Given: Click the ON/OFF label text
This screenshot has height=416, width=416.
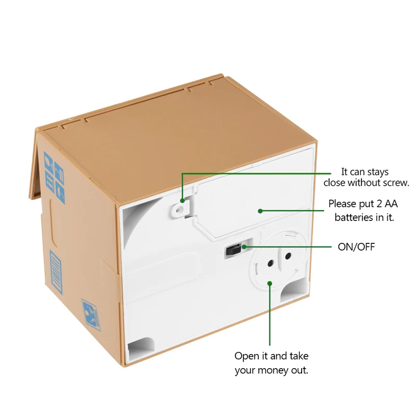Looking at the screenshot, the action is pyautogui.click(x=356, y=246).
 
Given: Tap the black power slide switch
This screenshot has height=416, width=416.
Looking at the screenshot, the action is pyautogui.click(x=232, y=251).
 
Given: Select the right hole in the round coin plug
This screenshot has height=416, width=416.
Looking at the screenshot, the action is pyautogui.click(x=287, y=256).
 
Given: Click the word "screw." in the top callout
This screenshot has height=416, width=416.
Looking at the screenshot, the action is pyautogui.click(x=396, y=183).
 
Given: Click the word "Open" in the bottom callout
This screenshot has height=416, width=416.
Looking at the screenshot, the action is pyautogui.click(x=246, y=356).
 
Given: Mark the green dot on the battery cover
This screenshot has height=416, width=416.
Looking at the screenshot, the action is pyautogui.click(x=260, y=211).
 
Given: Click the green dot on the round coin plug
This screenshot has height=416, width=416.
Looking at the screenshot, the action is pyautogui.click(x=270, y=283).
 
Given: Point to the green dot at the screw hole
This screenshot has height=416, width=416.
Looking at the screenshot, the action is pyautogui.click(x=183, y=200).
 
